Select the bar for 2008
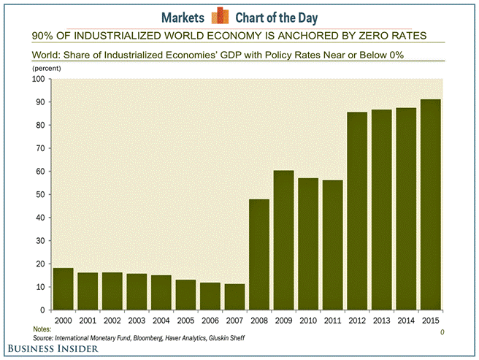click(259, 255)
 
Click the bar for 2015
click(430, 204)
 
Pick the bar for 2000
click(64, 289)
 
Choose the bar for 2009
click(283, 240)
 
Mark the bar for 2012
click(357, 211)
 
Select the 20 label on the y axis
click(40, 264)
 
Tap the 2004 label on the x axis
click(161, 320)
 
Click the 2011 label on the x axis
click(332, 320)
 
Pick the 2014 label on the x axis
click(406, 320)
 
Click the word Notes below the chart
click(42, 330)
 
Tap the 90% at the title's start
click(42, 35)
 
